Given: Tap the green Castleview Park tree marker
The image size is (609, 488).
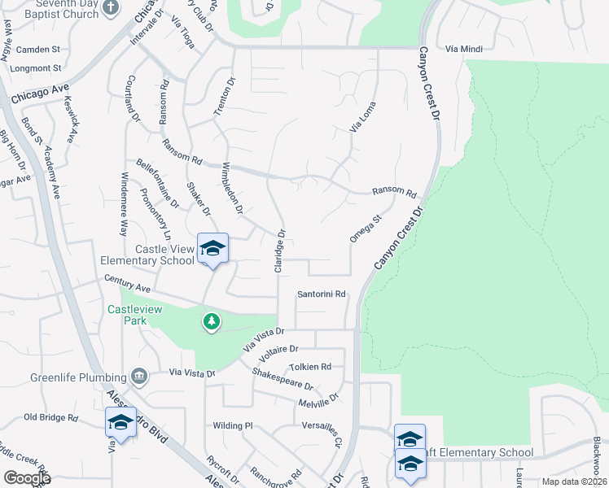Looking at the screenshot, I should tap(212, 322).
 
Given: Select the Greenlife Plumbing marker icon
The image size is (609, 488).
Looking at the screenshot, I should tap(138, 377).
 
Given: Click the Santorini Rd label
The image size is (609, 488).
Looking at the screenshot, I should tap(322, 294).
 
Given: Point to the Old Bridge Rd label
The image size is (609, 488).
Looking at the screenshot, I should tap(50, 417).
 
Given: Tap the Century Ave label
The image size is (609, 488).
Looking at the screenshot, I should tap(128, 284).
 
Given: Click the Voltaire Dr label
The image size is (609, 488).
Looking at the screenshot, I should tap(279, 353).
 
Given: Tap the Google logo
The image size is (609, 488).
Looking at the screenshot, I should tap(26, 478).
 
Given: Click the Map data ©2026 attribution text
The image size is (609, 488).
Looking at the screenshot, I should tap(573, 481).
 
